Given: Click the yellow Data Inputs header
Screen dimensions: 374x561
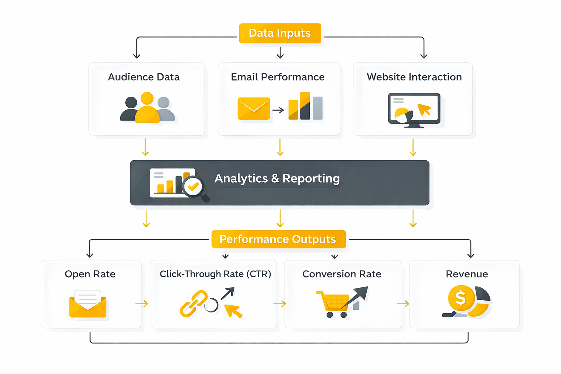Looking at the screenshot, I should [x=280, y=33].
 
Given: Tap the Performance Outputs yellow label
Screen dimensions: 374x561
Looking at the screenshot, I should [x=278, y=239].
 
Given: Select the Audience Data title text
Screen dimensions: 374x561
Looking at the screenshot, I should [x=144, y=77].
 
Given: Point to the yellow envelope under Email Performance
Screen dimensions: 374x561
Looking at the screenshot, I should [x=253, y=108].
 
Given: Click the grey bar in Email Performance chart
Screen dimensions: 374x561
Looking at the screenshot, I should [x=317, y=108].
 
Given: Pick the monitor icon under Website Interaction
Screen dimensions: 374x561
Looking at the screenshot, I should [x=414, y=110].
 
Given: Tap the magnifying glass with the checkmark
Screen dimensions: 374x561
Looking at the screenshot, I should [x=194, y=187].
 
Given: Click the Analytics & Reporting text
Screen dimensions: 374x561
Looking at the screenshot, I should [x=277, y=178].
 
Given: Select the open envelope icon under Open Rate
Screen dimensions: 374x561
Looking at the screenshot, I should [x=88, y=304].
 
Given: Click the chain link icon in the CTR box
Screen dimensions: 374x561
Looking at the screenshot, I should [x=194, y=303].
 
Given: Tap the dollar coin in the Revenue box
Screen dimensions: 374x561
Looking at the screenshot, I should [x=461, y=298].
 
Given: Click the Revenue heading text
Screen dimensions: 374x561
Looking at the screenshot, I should [x=467, y=274].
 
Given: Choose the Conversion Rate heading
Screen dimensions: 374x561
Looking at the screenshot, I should [x=341, y=274].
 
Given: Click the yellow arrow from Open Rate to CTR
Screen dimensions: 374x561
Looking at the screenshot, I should [x=142, y=304].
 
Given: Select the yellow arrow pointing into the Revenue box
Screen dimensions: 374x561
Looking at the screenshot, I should [x=403, y=304].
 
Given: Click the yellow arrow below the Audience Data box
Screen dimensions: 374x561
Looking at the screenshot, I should [x=145, y=147].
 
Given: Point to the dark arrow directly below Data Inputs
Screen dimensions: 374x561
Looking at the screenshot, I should [x=280, y=53].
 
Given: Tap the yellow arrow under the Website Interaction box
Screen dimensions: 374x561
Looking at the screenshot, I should [x=413, y=147].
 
